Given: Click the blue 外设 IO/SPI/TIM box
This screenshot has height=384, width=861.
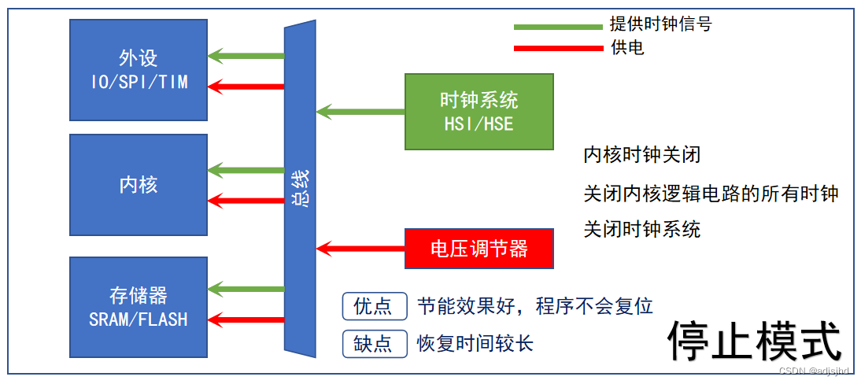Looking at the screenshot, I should click(x=139, y=70).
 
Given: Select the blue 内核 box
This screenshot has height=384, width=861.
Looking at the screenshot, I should click(x=139, y=184).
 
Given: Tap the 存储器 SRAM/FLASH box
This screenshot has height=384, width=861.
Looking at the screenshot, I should click(x=139, y=306).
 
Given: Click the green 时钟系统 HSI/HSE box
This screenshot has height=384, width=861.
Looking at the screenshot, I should click(x=479, y=111).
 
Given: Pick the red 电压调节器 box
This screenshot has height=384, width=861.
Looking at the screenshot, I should click(x=479, y=249).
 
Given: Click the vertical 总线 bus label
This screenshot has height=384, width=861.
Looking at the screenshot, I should click(x=300, y=189).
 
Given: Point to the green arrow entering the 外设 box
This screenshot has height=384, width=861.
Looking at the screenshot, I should click(x=246, y=56).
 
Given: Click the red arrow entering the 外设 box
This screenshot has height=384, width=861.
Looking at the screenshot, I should click(x=246, y=85).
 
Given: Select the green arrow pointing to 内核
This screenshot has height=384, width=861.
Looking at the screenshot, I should click(x=246, y=170).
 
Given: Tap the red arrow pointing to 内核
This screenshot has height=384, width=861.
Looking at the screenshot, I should click(x=246, y=200).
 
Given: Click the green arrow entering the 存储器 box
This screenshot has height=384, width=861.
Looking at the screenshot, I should click(x=246, y=290).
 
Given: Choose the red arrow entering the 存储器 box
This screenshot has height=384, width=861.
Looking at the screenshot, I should click(x=246, y=319).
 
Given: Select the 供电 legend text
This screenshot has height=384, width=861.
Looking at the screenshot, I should click(x=627, y=48).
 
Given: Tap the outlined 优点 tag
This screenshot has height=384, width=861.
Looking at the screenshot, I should click(x=374, y=306).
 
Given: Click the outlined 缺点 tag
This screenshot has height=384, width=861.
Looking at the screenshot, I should click(x=374, y=344).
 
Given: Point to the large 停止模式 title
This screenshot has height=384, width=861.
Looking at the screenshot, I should click(x=754, y=340).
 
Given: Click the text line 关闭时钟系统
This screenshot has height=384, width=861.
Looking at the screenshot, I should click(x=641, y=230).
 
